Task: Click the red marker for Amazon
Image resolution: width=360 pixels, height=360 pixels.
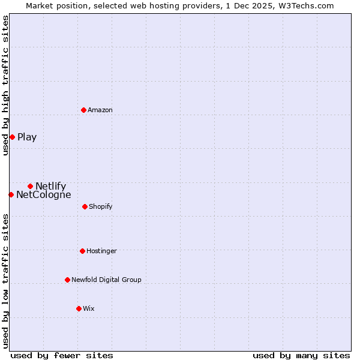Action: point(84,110)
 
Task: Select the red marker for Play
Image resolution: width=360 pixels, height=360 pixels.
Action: point(12,137)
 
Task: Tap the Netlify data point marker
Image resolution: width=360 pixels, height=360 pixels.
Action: point(30,186)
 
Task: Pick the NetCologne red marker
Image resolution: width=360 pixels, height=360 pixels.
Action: point(11,194)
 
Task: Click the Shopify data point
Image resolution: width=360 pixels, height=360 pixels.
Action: point(85,206)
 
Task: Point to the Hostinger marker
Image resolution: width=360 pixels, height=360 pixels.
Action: point(82,251)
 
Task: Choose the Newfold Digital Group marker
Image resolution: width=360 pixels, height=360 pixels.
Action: point(67,280)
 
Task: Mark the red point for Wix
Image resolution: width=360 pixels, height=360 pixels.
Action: point(79,308)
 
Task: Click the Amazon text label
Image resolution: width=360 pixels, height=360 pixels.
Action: point(100,110)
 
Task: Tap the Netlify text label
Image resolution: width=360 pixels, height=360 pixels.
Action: point(50,186)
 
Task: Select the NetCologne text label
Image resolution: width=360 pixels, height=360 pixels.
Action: point(43,194)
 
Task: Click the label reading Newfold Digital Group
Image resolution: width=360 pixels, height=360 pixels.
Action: point(106,280)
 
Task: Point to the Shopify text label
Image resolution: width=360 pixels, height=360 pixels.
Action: point(100,206)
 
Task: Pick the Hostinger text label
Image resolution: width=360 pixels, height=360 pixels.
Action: point(101,251)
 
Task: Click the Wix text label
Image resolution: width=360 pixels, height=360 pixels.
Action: point(88,308)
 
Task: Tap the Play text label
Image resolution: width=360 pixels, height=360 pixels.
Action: point(27,137)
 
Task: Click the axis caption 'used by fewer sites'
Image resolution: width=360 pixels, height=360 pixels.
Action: point(62,355)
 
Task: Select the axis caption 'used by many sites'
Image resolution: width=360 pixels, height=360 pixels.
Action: point(301,355)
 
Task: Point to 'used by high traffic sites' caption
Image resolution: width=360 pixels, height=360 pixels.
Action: point(5,85)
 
